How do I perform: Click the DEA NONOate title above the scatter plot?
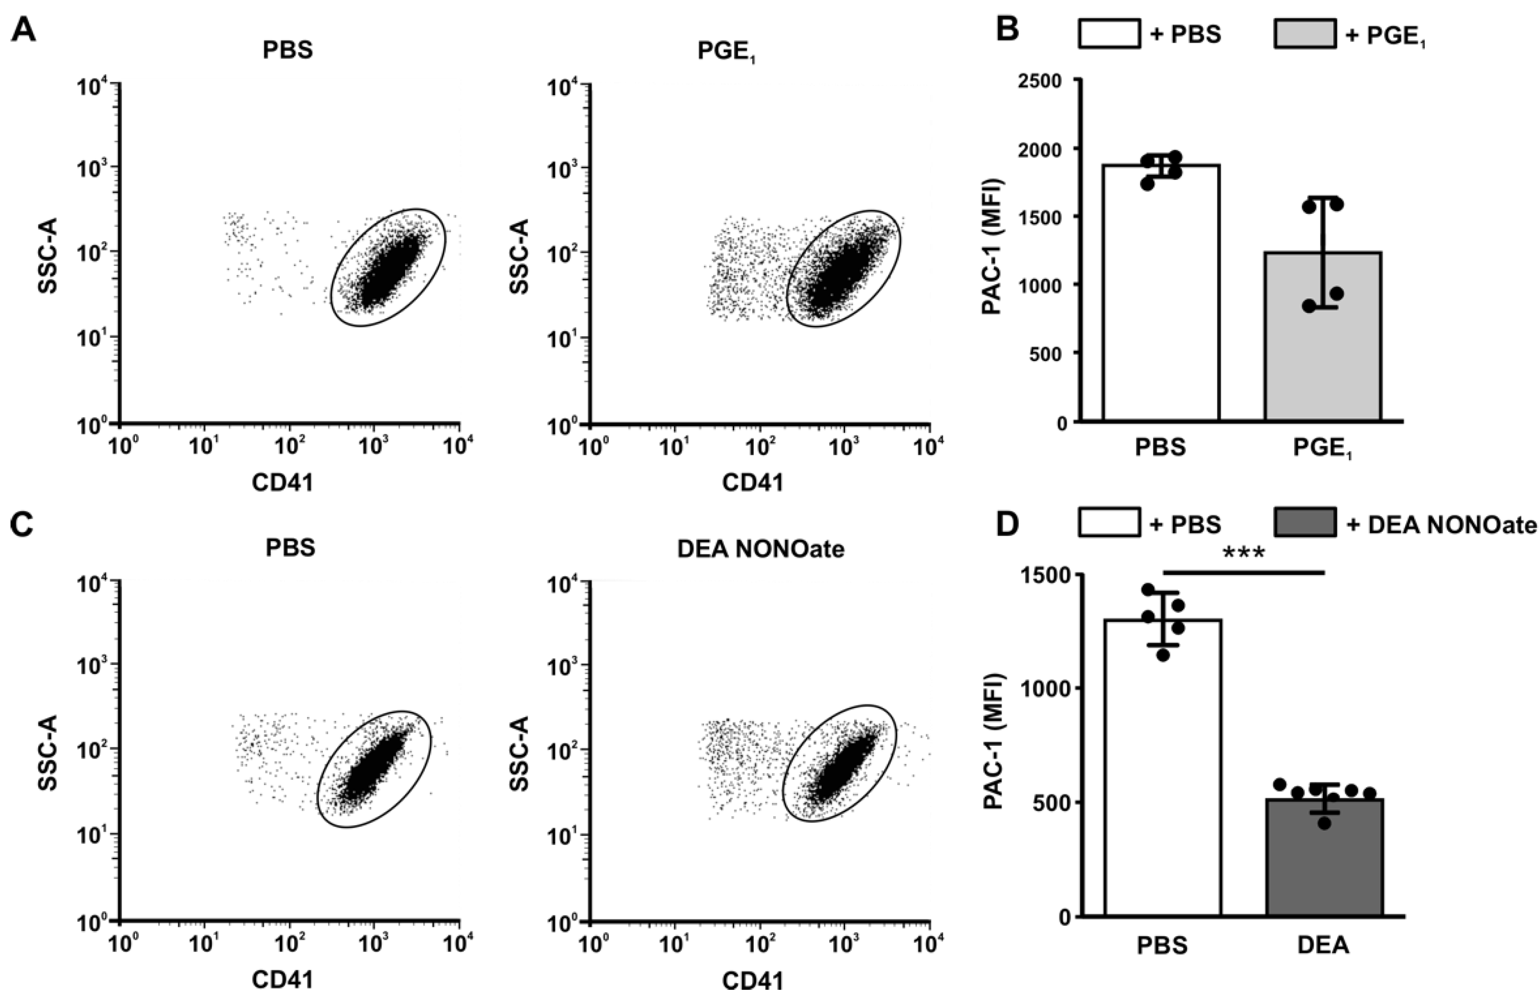(760, 548)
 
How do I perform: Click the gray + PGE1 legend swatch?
(1305, 33)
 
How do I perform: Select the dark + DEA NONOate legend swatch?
(1305, 522)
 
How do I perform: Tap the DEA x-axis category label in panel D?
(1323, 946)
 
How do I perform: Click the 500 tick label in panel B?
(1047, 353)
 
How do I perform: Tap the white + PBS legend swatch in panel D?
(1109, 522)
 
